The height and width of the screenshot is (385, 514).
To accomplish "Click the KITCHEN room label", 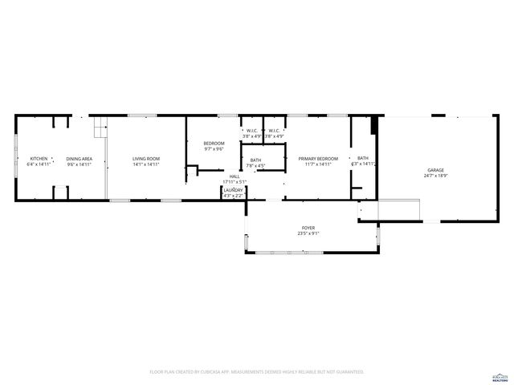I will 39,159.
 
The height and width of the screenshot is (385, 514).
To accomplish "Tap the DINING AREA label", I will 79,159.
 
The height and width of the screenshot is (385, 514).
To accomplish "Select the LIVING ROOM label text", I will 146,159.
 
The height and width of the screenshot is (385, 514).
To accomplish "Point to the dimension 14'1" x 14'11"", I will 146,164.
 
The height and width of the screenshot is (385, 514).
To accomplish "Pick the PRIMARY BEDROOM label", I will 318,159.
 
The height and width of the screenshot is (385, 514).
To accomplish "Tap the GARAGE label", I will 435,170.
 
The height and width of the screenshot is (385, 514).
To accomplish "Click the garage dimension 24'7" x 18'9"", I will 435,176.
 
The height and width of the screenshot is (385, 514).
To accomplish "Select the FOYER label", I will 309,229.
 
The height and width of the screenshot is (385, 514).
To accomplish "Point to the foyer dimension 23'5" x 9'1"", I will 309,234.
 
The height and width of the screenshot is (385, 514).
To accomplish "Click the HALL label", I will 235,176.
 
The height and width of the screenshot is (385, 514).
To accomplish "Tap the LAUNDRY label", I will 233,190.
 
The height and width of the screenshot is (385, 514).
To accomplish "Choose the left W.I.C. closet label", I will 252,131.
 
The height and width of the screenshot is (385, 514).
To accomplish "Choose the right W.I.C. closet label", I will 274,131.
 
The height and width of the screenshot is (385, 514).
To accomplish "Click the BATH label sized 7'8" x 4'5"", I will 255,160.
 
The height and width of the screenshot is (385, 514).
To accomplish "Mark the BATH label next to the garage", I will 363,158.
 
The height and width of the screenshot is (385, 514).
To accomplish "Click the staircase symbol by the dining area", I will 100,128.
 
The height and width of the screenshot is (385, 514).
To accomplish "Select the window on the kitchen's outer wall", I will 15,158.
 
